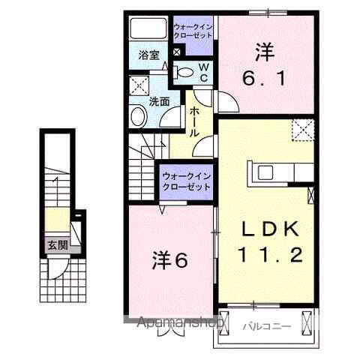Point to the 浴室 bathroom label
pos(148,55)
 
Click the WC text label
pos(202,73)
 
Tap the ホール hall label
pos(193,120)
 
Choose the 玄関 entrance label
pos(56,244)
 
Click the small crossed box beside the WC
pos(176,52)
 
